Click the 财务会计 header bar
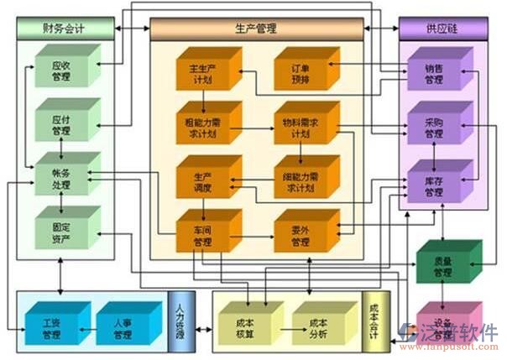65,28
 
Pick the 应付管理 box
61,123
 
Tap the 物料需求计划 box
300,128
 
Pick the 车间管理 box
202,237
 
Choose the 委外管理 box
300,237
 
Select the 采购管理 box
433,128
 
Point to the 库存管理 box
433,185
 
